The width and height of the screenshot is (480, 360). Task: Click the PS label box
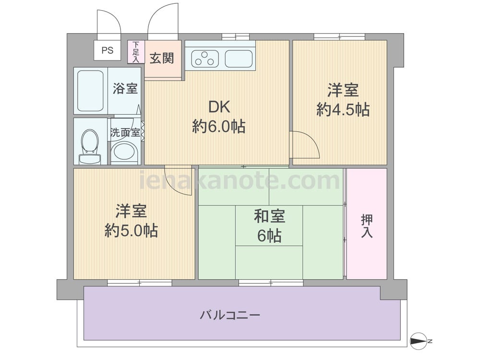pyautogui.click(x=107, y=50)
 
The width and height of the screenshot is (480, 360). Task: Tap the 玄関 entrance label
pyautogui.click(x=162, y=58)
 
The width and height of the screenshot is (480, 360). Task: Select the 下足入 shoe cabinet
pyautogui.click(x=136, y=52)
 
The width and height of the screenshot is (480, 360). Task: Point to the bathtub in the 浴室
pyautogui.click(x=90, y=91)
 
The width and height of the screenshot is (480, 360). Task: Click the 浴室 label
pyautogui.click(x=125, y=88)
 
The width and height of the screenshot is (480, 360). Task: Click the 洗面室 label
pyautogui.click(x=125, y=132)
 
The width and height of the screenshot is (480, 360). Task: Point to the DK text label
pyautogui.click(x=219, y=107)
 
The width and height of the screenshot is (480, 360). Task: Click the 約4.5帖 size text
pyautogui.click(x=343, y=109)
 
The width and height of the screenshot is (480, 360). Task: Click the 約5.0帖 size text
pyautogui.click(x=132, y=231)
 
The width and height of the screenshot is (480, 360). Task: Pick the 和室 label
pyautogui.click(x=269, y=216)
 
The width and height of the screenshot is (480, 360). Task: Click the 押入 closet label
pyautogui.click(x=367, y=226)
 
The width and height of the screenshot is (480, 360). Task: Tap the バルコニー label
pyautogui.click(x=230, y=315)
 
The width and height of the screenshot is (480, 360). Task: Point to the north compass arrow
pyautogui.click(x=419, y=341)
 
